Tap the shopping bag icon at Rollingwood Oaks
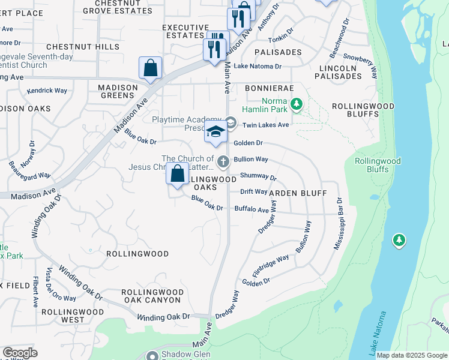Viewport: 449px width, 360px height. coord(178,173)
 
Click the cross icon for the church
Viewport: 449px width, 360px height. coord(223,161)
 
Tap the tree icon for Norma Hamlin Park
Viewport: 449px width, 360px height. coord(295,105)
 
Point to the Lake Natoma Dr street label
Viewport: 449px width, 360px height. coord(258,66)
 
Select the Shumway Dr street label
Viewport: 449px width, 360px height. coord(258,177)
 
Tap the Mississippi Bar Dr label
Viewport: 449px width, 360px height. coord(338,223)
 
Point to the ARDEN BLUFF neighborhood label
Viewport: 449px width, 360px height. coord(298,193)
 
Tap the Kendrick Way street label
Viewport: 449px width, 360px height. coord(47,91)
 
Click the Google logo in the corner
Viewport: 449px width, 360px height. coord(20,353)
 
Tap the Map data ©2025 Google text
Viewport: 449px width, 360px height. coord(412,355)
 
